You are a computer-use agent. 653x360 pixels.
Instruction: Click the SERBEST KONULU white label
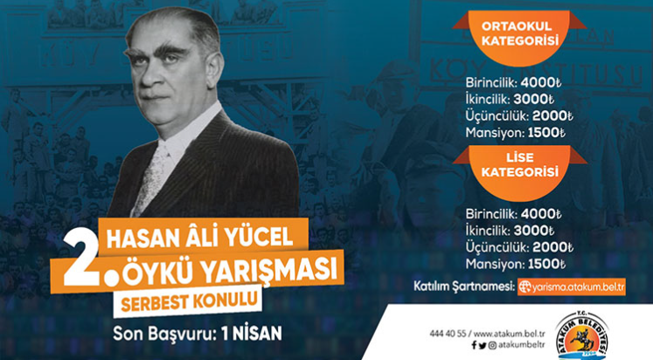188,301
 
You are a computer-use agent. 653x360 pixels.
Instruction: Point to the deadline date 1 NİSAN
252,334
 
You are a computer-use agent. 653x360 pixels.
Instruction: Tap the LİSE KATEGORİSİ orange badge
519,168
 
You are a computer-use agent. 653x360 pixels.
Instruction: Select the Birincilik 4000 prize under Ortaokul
513,83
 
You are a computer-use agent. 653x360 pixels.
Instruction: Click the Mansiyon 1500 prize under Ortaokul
516,133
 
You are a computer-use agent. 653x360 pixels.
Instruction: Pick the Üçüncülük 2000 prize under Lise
519,247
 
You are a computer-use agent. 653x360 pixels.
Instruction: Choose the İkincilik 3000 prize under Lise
511,231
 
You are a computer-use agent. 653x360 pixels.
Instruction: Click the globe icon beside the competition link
524,287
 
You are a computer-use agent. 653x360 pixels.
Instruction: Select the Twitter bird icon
483,345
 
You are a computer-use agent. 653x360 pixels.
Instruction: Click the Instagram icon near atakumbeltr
492,345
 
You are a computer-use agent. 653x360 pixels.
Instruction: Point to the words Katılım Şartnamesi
464,287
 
